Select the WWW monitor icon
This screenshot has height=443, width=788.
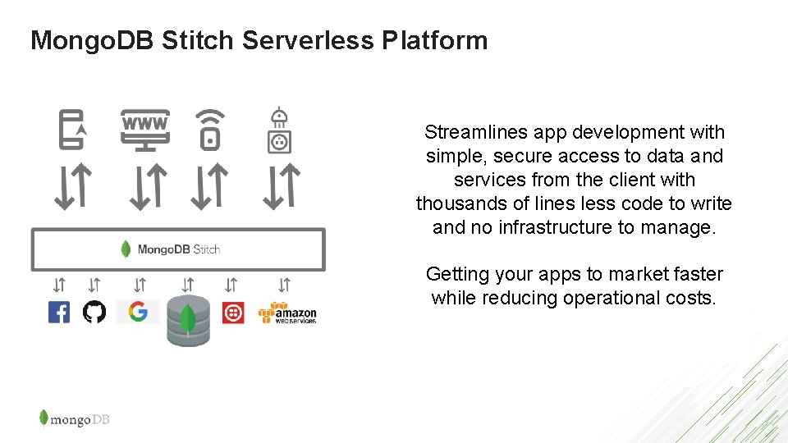tap(145, 130)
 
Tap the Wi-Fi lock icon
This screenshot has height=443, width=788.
tap(210, 130)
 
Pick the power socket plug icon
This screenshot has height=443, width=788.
tap(280, 131)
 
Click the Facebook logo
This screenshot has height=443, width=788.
tap(59, 313)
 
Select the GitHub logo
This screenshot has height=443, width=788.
tap(94, 313)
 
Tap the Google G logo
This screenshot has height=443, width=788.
tap(138, 312)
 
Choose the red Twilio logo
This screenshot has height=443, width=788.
tap(233, 313)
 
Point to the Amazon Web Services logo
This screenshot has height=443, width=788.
tap(286, 313)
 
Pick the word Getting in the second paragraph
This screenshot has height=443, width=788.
tap(457, 274)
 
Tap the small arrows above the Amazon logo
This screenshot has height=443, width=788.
tap(284, 285)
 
